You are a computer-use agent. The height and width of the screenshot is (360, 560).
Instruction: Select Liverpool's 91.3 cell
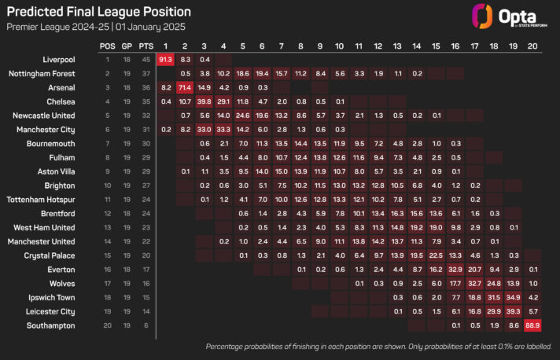[x=165, y=60]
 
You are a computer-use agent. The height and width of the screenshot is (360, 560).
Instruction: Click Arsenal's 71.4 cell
[x=185, y=87]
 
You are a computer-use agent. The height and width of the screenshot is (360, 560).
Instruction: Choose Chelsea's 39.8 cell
[x=204, y=101]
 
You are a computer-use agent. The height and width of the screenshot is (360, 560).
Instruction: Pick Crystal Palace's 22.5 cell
[x=436, y=255]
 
